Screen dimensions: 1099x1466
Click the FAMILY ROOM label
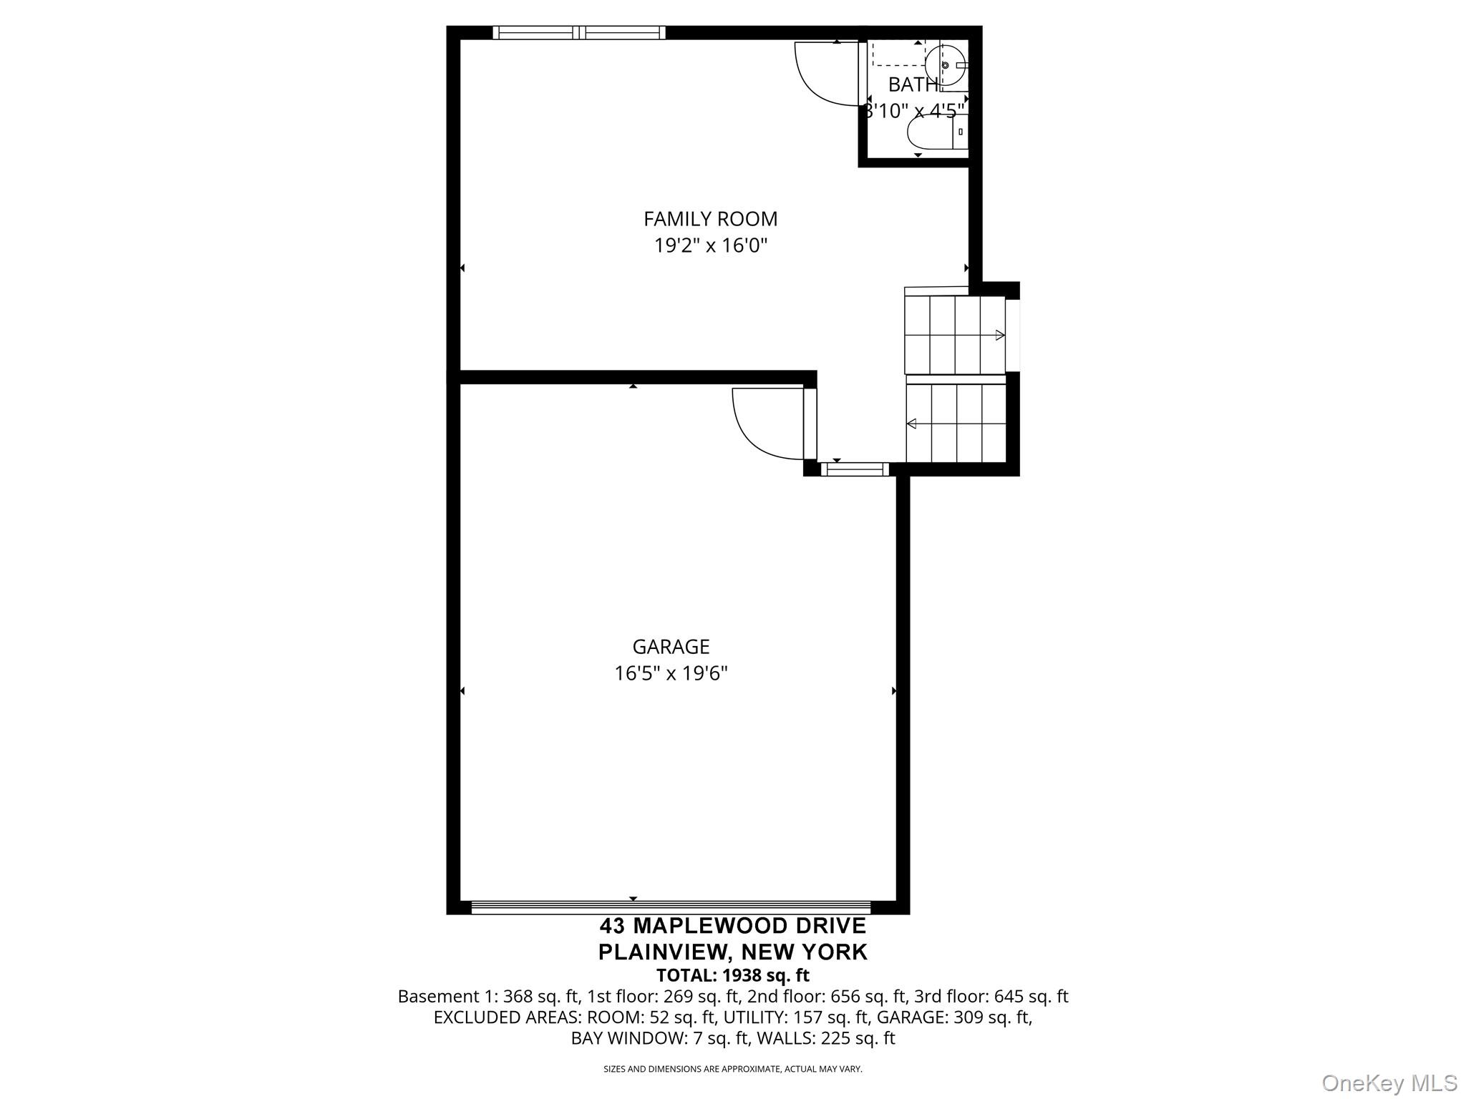tap(710, 219)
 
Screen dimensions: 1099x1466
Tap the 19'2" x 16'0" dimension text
tap(710, 246)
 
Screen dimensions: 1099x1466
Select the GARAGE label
tap(671, 647)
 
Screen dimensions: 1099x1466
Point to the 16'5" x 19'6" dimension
tap(671, 674)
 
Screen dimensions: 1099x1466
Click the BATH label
tap(912, 84)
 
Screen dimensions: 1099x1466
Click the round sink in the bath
tap(944, 65)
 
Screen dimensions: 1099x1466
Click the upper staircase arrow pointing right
tap(999, 335)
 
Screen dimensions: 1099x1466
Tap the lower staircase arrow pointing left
tap(912, 424)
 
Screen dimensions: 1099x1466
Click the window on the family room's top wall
tap(579, 32)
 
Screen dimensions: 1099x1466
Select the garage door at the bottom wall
tap(671, 907)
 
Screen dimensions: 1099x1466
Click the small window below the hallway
tap(855, 469)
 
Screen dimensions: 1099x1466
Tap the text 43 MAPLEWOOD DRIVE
tap(733, 926)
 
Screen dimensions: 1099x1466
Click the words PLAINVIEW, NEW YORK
tap(733, 952)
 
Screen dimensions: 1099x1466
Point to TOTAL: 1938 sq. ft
tap(733, 975)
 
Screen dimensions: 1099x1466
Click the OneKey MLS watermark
tap(1389, 1083)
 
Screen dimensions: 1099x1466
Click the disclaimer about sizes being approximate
tap(733, 1069)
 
